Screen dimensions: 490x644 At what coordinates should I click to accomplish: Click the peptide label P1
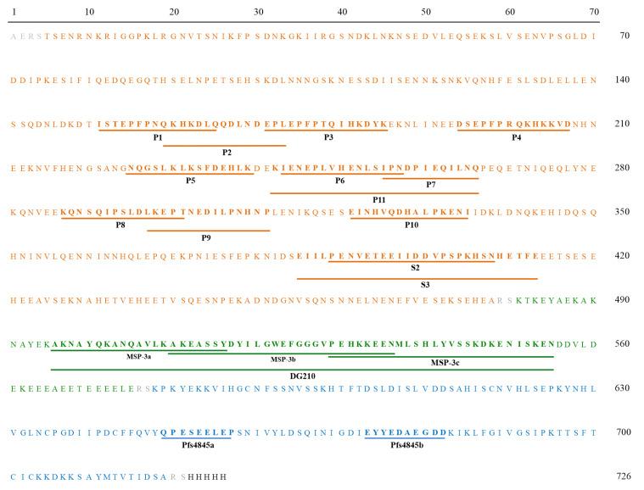coord(158,136)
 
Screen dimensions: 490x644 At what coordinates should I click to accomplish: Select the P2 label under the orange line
coord(227,152)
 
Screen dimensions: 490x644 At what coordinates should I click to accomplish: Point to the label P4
coord(517,136)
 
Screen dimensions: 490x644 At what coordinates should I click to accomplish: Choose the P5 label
coord(190,180)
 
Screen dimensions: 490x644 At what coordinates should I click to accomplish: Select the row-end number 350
coord(622,212)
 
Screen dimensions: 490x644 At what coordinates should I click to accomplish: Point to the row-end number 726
coord(622,476)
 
